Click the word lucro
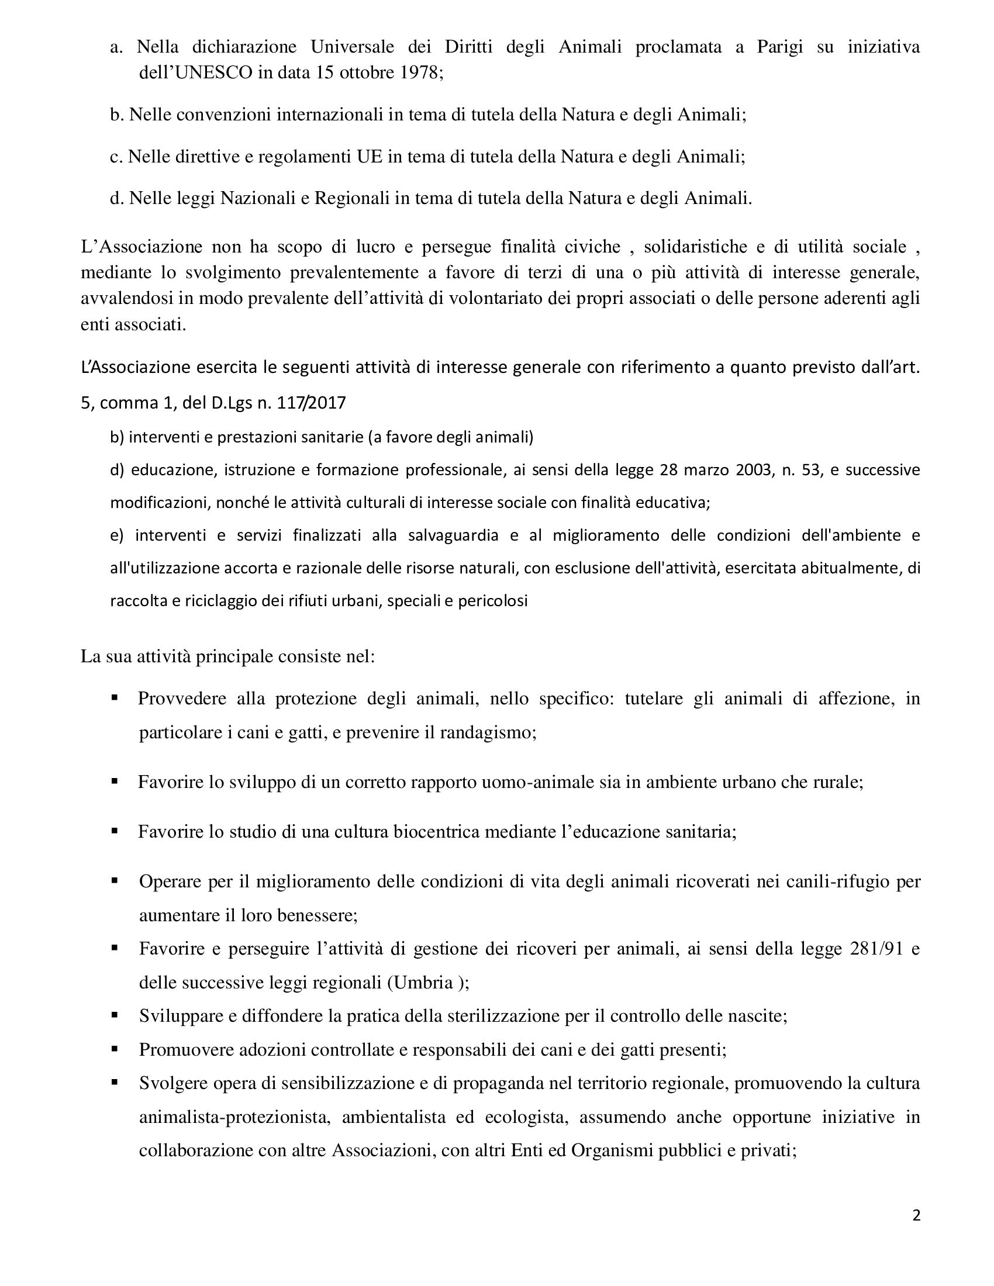[375, 246]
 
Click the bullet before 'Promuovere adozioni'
[114, 1049]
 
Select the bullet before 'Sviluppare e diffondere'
[114, 1015]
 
